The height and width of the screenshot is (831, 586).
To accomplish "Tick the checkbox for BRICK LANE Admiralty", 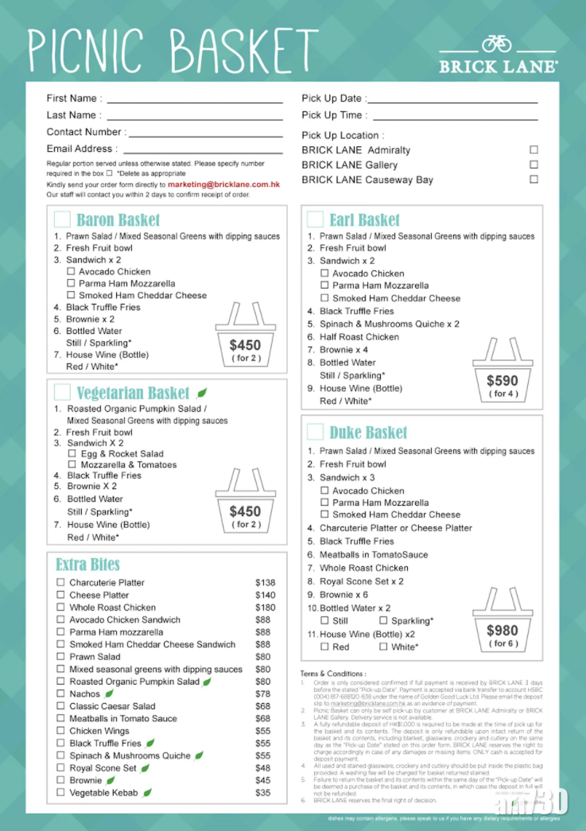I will click(534, 150).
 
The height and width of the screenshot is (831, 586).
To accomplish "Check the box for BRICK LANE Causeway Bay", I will click(534, 180).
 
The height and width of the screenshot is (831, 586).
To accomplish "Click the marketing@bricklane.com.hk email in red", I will click(223, 184).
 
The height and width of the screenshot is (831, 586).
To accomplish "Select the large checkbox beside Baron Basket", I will click(62, 219).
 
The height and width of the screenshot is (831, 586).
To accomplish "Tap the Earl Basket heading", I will click(365, 220).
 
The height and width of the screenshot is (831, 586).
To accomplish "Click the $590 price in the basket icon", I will click(502, 381).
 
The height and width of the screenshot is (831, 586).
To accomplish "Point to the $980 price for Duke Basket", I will click(502, 631).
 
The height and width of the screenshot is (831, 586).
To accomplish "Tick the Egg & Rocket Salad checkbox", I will click(72, 453).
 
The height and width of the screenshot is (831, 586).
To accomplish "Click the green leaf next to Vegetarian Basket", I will click(202, 393).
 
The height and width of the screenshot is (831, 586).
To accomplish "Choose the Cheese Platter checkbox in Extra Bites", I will click(60, 595).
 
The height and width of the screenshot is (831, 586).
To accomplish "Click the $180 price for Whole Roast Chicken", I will click(265, 608).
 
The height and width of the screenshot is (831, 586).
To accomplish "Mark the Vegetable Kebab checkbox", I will click(60, 793).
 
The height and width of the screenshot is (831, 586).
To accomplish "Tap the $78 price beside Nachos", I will click(262, 694).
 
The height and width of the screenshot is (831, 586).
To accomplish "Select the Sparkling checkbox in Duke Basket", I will click(383, 620).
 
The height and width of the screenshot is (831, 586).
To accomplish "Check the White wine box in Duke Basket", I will click(383, 647).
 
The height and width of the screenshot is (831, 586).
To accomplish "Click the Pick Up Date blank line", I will click(452, 103).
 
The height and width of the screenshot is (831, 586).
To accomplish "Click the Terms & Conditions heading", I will click(333, 674).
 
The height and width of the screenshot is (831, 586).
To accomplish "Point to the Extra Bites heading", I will click(87, 565).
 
